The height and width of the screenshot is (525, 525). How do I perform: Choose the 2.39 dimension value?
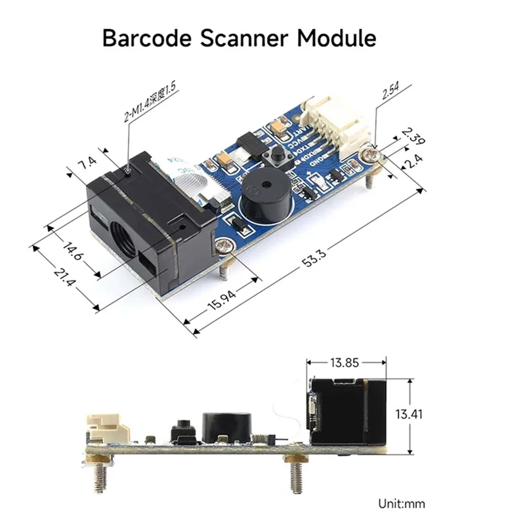[411, 136]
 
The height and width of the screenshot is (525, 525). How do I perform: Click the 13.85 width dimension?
[347, 362]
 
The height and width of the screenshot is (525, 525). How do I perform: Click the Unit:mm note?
[401, 503]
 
